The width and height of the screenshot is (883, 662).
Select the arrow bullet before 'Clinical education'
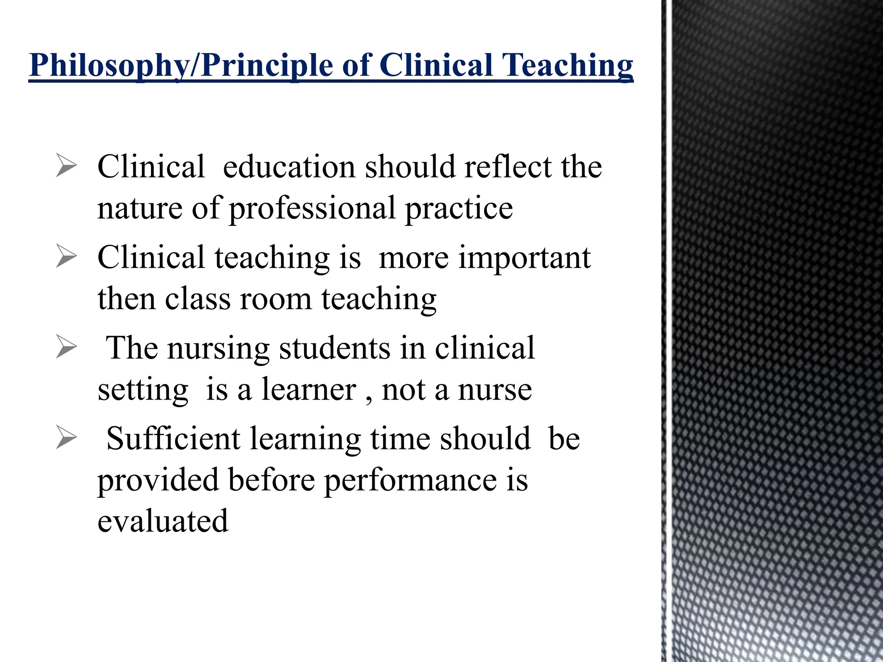(66, 167)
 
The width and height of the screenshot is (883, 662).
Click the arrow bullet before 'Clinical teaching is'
(66, 257)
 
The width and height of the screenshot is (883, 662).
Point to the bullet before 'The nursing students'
(66, 348)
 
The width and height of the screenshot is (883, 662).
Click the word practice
(459, 209)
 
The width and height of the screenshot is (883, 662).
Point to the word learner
(309, 390)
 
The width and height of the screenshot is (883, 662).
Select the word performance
(410, 480)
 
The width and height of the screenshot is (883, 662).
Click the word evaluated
(163, 521)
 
